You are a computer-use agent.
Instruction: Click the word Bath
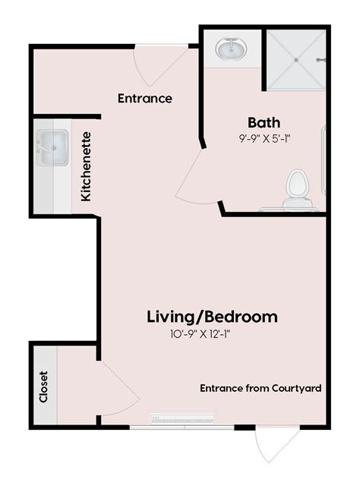pos(264,122)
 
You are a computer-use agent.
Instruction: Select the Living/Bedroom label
pos(212,317)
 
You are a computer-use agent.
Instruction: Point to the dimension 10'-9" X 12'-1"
pos(201,334)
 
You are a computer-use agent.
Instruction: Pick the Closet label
pos(43,386)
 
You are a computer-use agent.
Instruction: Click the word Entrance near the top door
pos(145,99)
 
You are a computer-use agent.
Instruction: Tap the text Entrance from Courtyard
pos(261,388)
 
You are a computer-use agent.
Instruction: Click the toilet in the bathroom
pos(297,188)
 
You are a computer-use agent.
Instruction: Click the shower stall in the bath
pos(296,59)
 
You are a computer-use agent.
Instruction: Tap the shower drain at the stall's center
pos(296,59)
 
